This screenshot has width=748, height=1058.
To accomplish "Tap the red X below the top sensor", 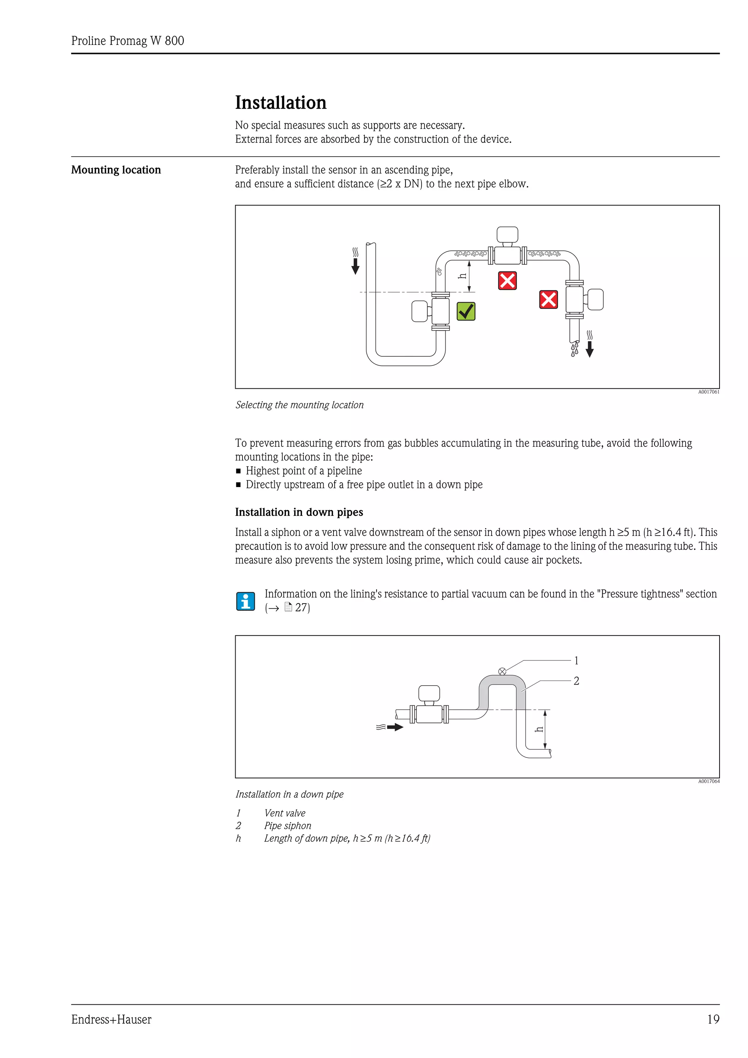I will point(507,281).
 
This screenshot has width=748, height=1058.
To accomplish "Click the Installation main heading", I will point(280,103).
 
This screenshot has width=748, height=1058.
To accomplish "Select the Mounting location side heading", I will point(116,170).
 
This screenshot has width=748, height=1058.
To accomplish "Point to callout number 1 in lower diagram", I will point(576,661).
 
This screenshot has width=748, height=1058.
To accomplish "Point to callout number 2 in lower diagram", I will point(576,681).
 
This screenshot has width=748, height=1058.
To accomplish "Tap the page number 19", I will point(713,1019).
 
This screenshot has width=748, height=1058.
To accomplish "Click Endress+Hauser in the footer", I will point(111,1020).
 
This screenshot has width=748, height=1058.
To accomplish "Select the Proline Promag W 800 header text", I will point(128,41).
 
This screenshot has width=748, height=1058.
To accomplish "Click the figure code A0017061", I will point(708,392).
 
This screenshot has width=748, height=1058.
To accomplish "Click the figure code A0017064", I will point(708,782).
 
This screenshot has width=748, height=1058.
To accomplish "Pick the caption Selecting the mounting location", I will point(299,405).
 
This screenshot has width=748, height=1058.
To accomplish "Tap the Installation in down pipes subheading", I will point(299,513).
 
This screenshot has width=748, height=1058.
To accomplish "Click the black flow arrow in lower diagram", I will point(394,728).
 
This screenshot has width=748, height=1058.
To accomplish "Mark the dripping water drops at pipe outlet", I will point(574,349).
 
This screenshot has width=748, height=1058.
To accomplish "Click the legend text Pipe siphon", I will point(287,826).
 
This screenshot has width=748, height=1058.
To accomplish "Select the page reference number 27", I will point(302,608).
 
